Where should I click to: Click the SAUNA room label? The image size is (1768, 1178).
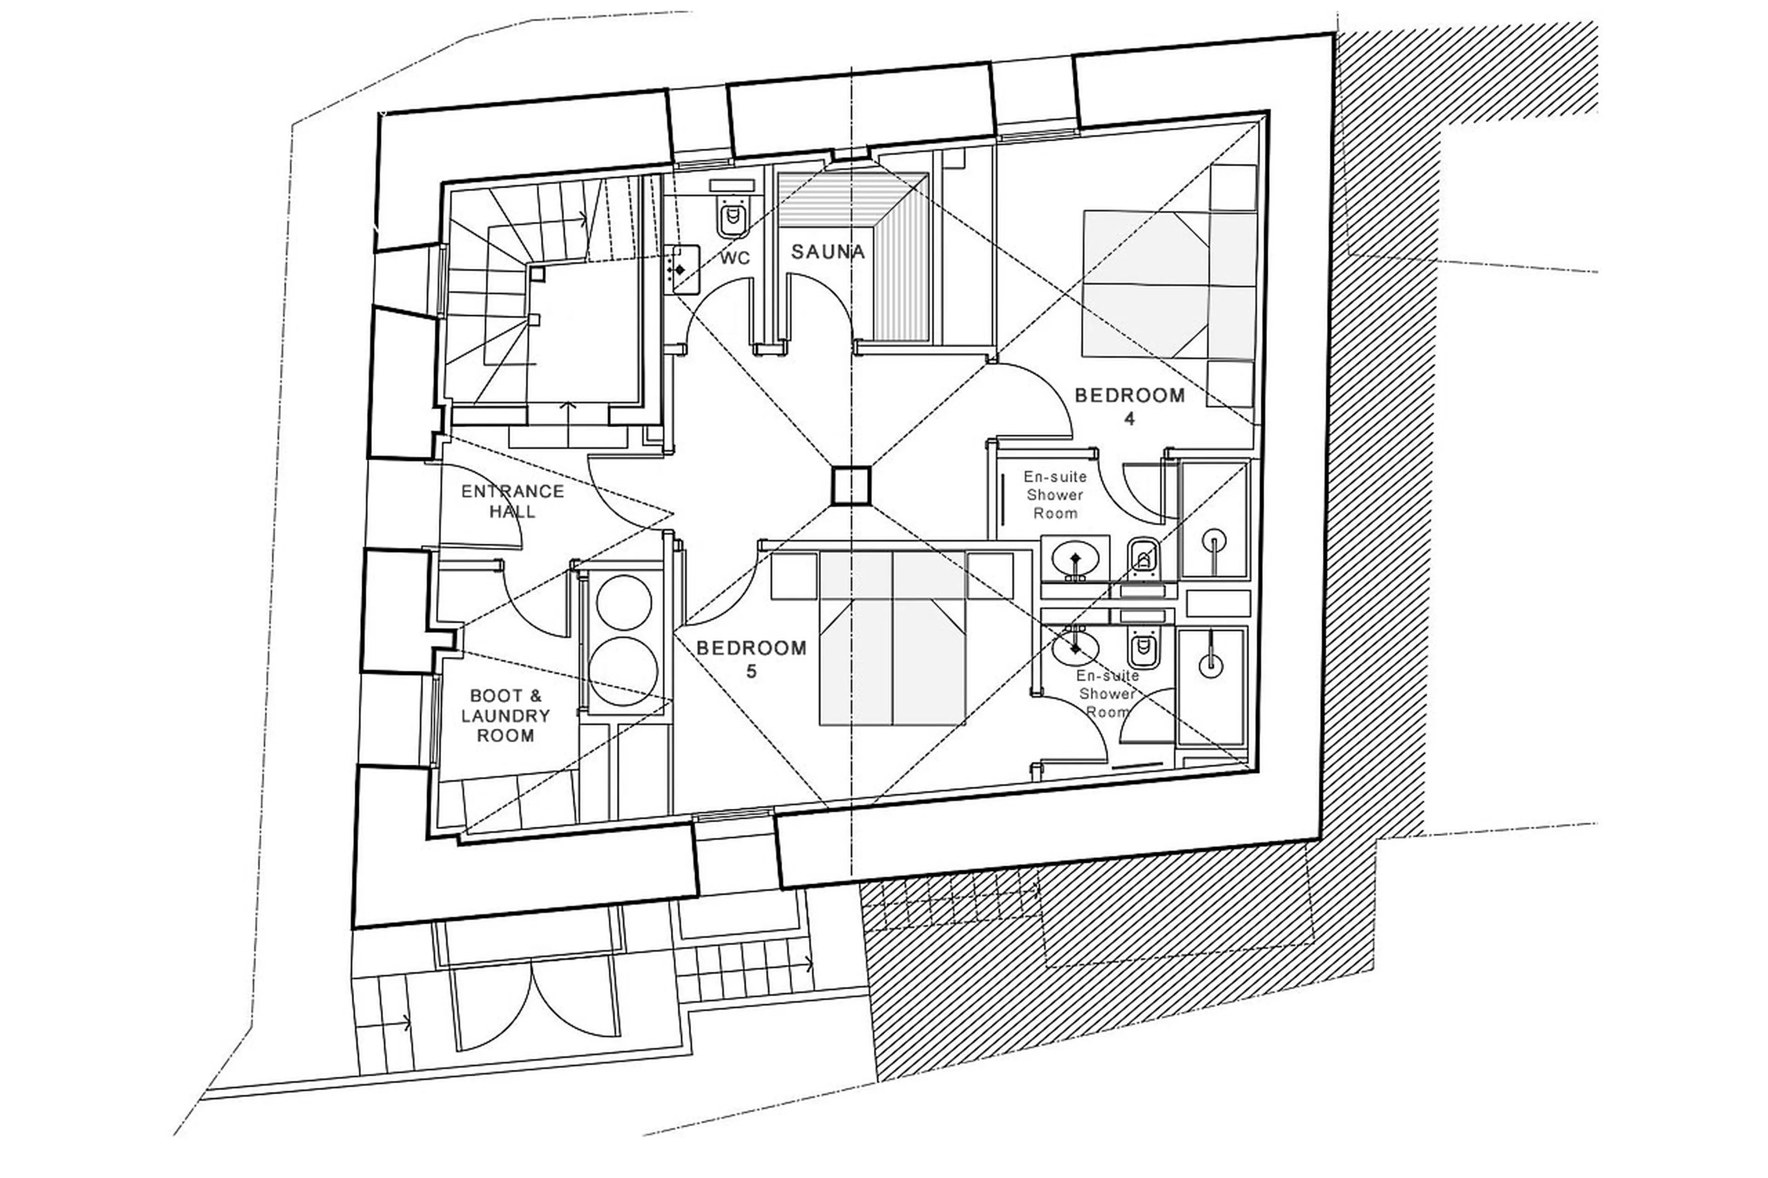(x=827, y=252)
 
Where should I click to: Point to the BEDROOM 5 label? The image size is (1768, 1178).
(x=751, y=658)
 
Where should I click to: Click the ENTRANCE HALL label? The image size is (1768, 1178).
(x=512, y=501)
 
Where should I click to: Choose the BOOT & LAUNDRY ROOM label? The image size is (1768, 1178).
(x=506, y=715)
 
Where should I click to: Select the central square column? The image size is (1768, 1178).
(x=850, y=485)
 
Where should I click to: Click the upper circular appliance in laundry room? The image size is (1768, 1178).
(x=624, y=603)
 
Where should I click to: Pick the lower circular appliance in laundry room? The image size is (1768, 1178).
(x=623, y=671)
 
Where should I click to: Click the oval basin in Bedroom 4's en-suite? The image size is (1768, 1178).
(x=1075, y=559)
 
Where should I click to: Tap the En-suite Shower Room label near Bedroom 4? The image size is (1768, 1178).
(x=1055, y=495)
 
